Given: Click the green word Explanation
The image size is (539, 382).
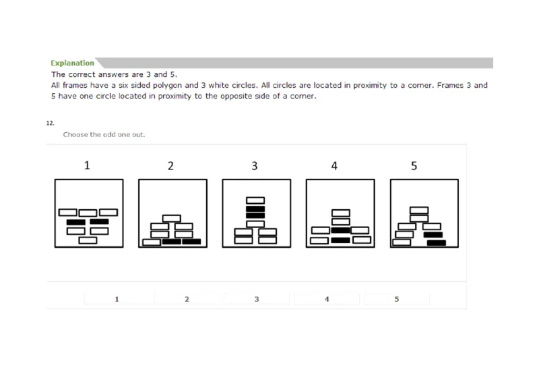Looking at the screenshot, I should click(72, 63).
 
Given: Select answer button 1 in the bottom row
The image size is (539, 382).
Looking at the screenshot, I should click(117, 298).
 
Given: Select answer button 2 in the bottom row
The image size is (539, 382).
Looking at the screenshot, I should click(187, 298).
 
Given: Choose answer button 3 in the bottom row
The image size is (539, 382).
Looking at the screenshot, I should click(257, 298).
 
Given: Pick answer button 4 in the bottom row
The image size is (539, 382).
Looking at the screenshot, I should click(327, 298).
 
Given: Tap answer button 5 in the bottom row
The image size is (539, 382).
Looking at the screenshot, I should click(397, 298).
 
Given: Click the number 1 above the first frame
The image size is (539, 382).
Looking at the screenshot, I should click(86, 165).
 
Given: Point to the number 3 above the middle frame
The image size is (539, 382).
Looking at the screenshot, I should click(255, 165).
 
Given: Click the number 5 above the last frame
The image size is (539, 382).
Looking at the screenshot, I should click(414, 165).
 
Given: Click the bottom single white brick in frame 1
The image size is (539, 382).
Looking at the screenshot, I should click(88, 240).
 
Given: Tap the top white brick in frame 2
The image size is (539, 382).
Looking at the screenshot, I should click(171, 218).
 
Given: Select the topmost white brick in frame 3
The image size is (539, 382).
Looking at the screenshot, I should click(255, 200).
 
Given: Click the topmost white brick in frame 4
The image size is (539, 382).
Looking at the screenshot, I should click(340, 212).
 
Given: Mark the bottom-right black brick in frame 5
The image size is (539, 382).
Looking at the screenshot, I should click(437, 243).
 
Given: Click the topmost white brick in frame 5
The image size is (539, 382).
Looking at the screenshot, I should click(420, 209).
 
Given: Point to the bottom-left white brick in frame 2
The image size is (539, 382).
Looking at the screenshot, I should click(152, 242).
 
